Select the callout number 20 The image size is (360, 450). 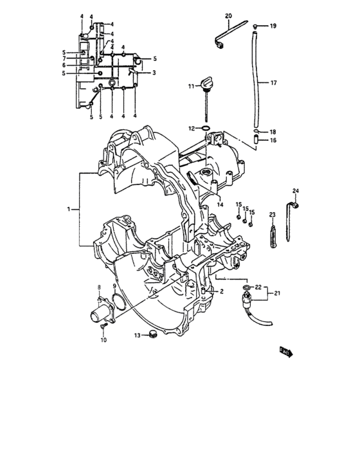coord(228,15)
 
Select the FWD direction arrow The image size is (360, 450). coord(285,352)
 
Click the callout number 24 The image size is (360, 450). coord(296,191)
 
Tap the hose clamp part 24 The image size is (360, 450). coord(297,206)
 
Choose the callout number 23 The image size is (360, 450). coord(272,215)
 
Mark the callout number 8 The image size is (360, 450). coord(99,286)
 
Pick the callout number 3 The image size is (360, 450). coord(154,73)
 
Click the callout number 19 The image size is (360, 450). coord(273,26)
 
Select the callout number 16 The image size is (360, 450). coord(273,140)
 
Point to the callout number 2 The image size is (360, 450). coord(221,292)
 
